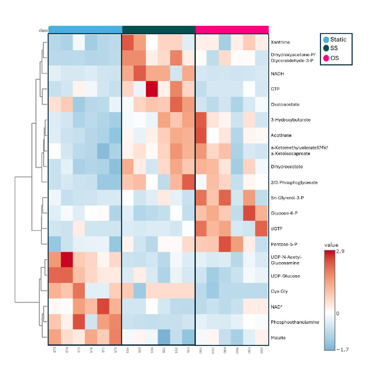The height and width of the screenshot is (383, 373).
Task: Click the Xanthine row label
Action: click(x=280, y=42)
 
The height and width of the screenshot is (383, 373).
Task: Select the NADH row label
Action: click(x=277, y=74)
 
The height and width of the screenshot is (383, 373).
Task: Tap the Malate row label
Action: click(x=278, y=338)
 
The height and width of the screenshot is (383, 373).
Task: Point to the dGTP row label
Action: click(x=277, y=228)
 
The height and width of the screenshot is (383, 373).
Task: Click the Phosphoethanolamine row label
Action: click(x=295, y=322)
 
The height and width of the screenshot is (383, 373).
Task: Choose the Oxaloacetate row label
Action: click(x=285, y=105)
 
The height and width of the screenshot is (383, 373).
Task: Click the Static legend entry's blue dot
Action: click(x=326, y=40)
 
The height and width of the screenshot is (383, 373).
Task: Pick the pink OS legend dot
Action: click(x=326, y=58)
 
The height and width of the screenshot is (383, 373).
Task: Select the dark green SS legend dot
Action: click(x=326, y=48)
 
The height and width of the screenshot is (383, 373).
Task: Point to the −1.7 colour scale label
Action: click(x=342, y=350)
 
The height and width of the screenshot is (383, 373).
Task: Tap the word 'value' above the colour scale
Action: click(x=331, y=245)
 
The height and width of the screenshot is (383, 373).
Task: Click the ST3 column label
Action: click(x=55, y=350)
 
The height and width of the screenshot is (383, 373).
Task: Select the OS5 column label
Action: click(x=262, y=350)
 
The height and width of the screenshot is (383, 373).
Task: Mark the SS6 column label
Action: click(x=152, y=350)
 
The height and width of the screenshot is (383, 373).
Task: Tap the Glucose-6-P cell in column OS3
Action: click(x=249, y=213)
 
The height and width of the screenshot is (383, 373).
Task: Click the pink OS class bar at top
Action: click(x=232, y=30)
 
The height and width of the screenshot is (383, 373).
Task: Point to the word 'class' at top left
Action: click(x=43, y=31)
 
